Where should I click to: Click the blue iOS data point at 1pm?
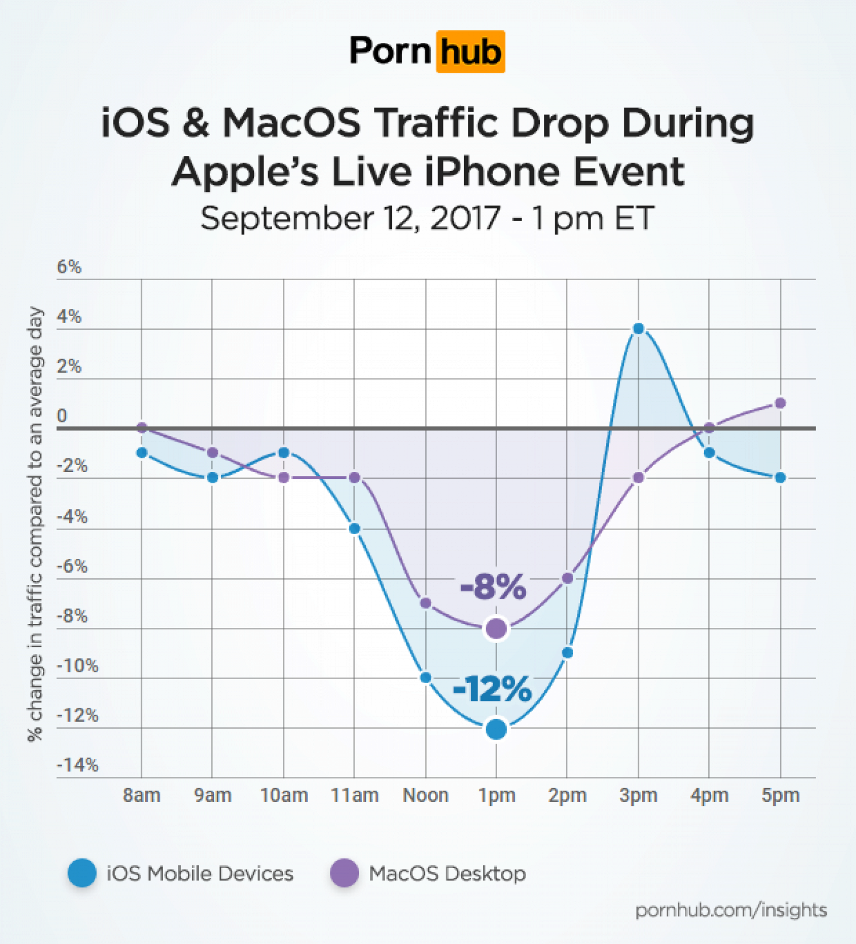point(496,729)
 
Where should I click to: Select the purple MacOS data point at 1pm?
point(496,628)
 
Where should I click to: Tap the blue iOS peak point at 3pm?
point(639,329)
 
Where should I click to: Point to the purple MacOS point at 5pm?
point(780,404)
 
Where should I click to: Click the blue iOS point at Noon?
point(425,678)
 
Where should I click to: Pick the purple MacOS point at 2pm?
point(567,579)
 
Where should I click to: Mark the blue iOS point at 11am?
point(354,529)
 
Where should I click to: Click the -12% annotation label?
point(492,689)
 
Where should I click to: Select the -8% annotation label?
point(493,587)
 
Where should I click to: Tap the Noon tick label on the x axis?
point(425,795)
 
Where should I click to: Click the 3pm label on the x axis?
point(638,795)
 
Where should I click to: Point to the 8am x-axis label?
point(142,795)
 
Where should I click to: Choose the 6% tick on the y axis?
point(69,267)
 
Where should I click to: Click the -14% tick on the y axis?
point(78,765)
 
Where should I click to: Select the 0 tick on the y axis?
point(62,415)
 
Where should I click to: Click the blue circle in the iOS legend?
point(82,873)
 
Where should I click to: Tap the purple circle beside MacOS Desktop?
point(344,873)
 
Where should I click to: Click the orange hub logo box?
point(470,52)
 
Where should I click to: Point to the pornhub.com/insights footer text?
point(731,910)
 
